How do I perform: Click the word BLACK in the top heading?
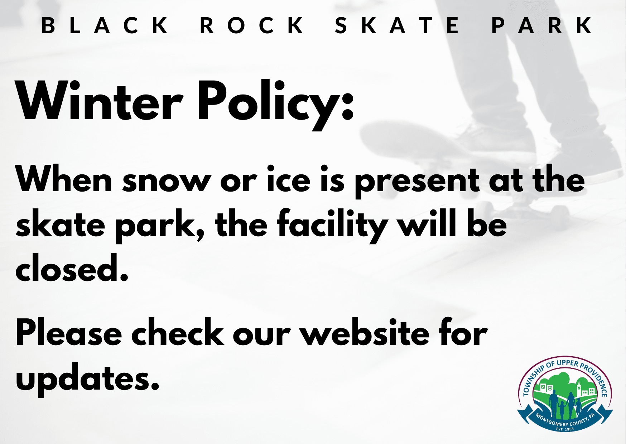[105, 25]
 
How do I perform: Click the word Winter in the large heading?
[100, 101]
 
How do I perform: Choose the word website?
[365, 332]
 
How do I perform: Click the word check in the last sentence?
[178, 332]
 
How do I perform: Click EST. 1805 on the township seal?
[565, 429]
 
